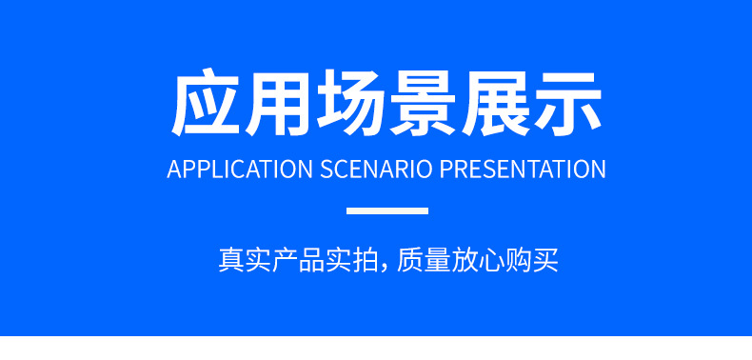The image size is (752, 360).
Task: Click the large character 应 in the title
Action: (207, 103)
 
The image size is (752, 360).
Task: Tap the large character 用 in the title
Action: (278, 103)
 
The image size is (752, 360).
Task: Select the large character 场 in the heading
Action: (351, 103)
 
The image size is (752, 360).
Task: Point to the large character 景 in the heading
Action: (424, 103)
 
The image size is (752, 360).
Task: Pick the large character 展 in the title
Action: (496, 103)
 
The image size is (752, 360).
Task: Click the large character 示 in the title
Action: (568, 103)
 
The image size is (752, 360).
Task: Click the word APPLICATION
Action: (240, 169)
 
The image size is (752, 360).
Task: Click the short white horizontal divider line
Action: (387, 210)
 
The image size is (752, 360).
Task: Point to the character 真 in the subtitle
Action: (231, 260)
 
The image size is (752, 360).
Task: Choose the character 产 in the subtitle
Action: (285, 260)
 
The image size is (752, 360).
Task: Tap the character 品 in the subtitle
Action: (311, 260)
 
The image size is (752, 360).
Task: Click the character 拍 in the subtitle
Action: (366, 260)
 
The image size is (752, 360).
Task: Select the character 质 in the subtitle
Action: (410, 260)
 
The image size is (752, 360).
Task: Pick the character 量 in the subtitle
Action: (437, 260)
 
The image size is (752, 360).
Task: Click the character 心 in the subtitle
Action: (490, 260)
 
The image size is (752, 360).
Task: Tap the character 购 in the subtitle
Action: (518, 260)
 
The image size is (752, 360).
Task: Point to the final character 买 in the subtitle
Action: (544, 260)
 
